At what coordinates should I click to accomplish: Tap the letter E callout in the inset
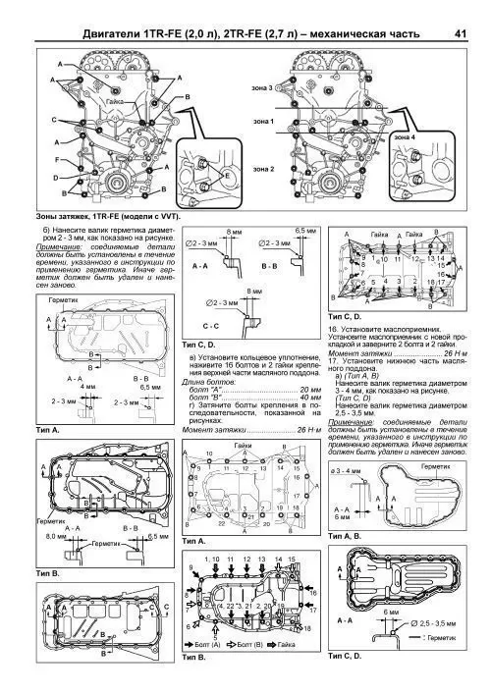click(x=228, y=177)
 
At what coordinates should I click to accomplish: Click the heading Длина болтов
click(x=214, y=384)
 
